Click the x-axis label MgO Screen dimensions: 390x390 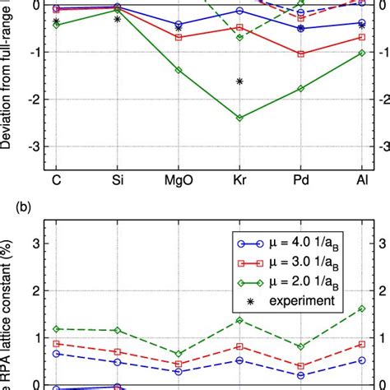(179, 179)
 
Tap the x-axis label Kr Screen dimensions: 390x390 (239, 179)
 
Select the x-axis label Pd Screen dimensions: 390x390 (300, 179)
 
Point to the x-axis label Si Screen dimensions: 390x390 (117, 179)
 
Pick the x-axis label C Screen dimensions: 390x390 (56, 179)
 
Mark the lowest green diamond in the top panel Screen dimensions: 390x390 (239, 118)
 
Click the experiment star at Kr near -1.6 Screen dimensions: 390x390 (239, 81)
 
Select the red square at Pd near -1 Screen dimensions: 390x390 (300, 54)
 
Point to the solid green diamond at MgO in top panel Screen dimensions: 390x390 (179, 70)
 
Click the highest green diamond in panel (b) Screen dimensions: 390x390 (361, 309)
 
